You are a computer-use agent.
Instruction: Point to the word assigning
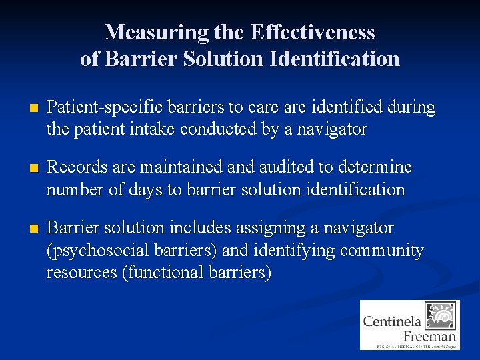click(x=271, y=228)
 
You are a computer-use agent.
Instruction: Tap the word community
click(x=381, y=251)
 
